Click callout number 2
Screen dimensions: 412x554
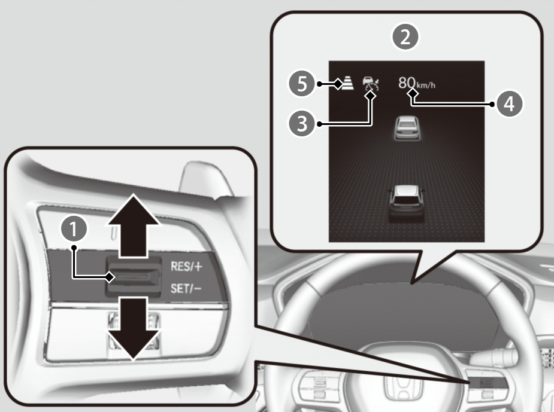[x=406, y=38]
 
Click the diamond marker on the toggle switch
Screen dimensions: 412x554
[x=110, y=277]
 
